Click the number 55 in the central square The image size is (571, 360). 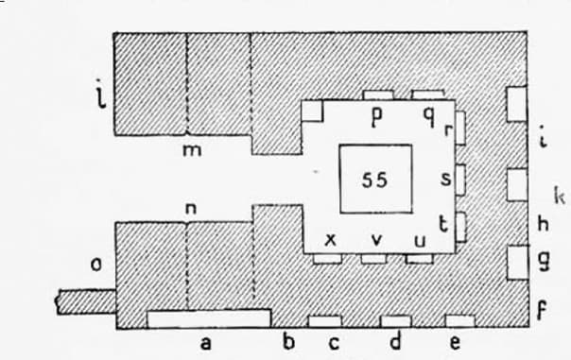coord(374,180)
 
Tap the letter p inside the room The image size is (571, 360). coord(377,117)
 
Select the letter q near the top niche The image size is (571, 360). coord(429,117)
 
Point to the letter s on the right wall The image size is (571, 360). coord(446,179)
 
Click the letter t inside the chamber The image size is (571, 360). coord(443,224)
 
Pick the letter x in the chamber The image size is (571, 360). coord(330,240)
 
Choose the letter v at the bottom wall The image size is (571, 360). coord(377,240)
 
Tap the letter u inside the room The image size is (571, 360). coord(420,241)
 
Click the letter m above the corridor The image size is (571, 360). coord(192,150)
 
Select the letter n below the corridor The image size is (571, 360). coord(191,209)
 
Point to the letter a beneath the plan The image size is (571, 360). coord(206,343)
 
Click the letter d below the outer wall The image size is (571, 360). coord(395,341)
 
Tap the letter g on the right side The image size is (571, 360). coord(544,261)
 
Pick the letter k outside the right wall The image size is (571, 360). coord(560,196)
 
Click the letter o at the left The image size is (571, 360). coord(96,265)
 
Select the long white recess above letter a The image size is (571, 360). coord(209,318)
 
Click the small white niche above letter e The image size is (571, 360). coord(460,321)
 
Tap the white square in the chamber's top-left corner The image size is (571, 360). coord(312,111)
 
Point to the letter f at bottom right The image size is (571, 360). coord(543,311)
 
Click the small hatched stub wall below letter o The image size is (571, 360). coord(86,301)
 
